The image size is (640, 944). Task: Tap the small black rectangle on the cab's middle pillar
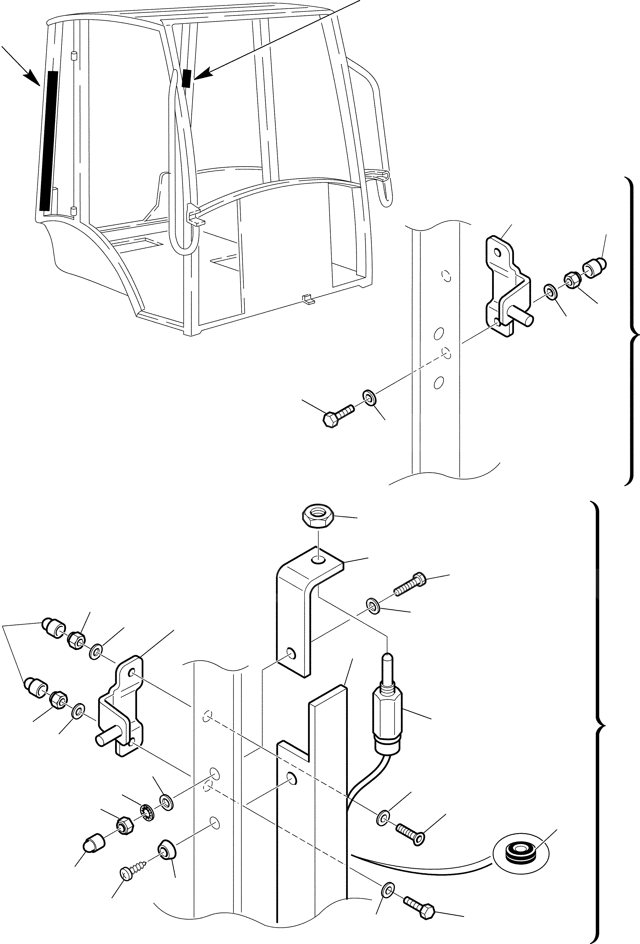[x=187, y=78]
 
